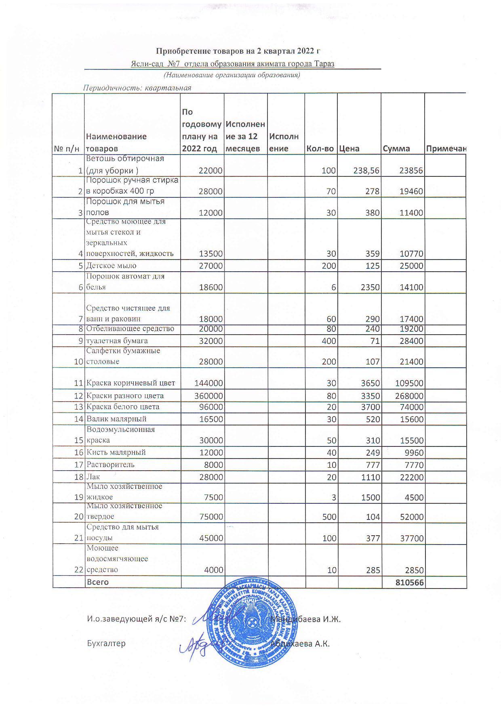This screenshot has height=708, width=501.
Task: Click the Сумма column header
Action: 396,149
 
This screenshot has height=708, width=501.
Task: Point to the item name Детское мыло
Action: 111,266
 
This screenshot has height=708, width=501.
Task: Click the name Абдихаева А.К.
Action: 301,644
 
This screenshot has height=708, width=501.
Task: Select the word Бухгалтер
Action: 106,643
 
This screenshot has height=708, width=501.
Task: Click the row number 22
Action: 79,570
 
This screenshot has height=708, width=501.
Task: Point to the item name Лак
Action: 93,477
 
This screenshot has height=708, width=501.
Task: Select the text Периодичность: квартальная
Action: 137,88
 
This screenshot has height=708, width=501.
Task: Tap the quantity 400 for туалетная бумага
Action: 328,341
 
